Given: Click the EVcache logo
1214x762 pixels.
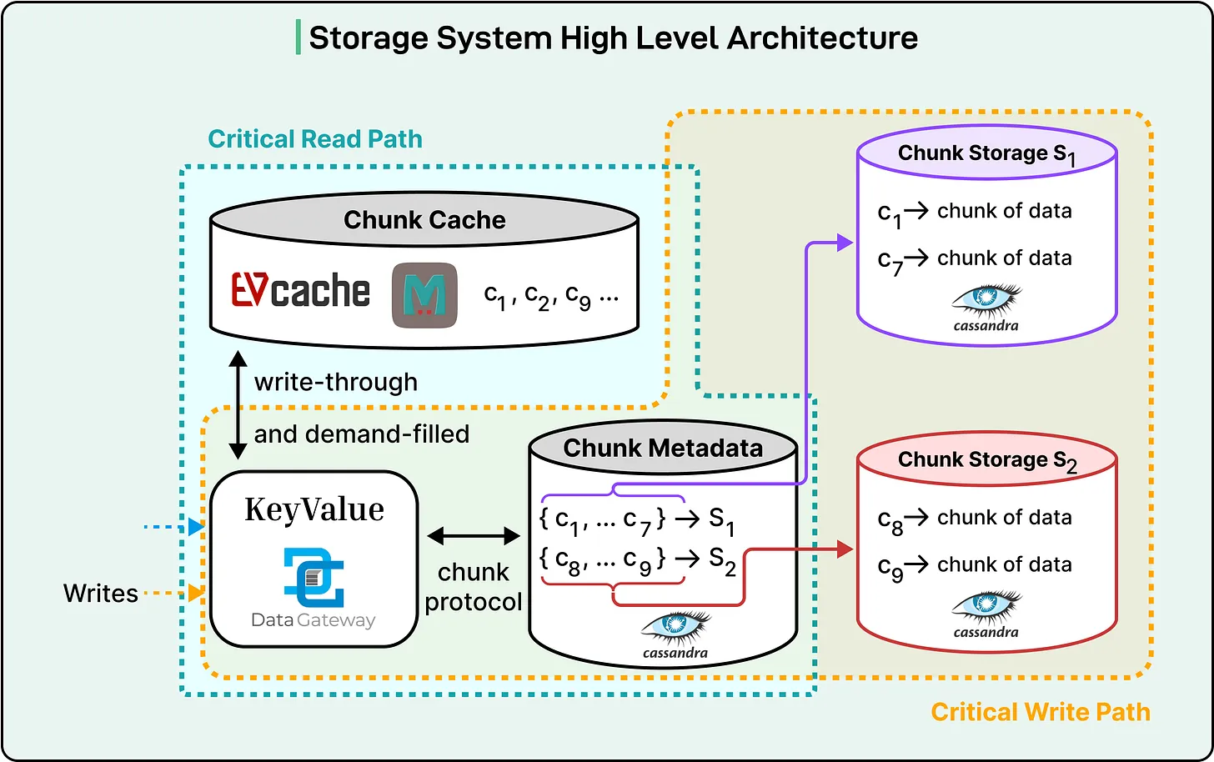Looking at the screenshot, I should pyautogui.click(x=300, y=291).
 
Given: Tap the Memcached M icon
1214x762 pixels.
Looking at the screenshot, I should pyautogui.click(x=424, y=295).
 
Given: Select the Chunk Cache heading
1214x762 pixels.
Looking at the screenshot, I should pyautogui.click(x=424, y=220).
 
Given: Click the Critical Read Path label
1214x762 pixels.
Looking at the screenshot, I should pyautogui.click(x=315, y=139).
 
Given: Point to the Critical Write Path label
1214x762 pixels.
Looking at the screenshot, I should pyautogui.click(x=1040, y=712).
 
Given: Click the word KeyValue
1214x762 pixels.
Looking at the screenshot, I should pyautogui.click(x=314, y=509).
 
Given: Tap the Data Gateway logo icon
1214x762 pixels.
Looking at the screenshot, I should pyautogui.click(x=314, y=577).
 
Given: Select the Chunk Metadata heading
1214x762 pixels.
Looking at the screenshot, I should pyautogui.click(x=663, y=449).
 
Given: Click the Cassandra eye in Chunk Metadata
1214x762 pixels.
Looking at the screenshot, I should pyautogui.click(x=676, y=626).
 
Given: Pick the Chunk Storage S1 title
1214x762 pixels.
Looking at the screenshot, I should pyautogui.click(x=986, y=154).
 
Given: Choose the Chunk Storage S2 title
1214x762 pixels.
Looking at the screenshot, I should pyautogui.click(x=987, y=460).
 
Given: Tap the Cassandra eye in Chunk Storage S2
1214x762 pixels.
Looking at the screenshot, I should pyautogui.click(x=987, y=607).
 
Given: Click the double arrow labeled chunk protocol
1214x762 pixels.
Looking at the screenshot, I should pyautogui.click(x=474, y=537).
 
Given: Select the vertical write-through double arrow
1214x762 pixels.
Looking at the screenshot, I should pyautogui.click(x=238, y=405).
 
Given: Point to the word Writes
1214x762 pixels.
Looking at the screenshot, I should pyautogui.click(x=101, y=594).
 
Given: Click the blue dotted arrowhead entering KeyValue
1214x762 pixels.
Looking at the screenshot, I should pyautogui.click(x=197, y=527).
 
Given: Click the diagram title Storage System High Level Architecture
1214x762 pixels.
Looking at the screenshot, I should pyautogui.click(x=613, y=38).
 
